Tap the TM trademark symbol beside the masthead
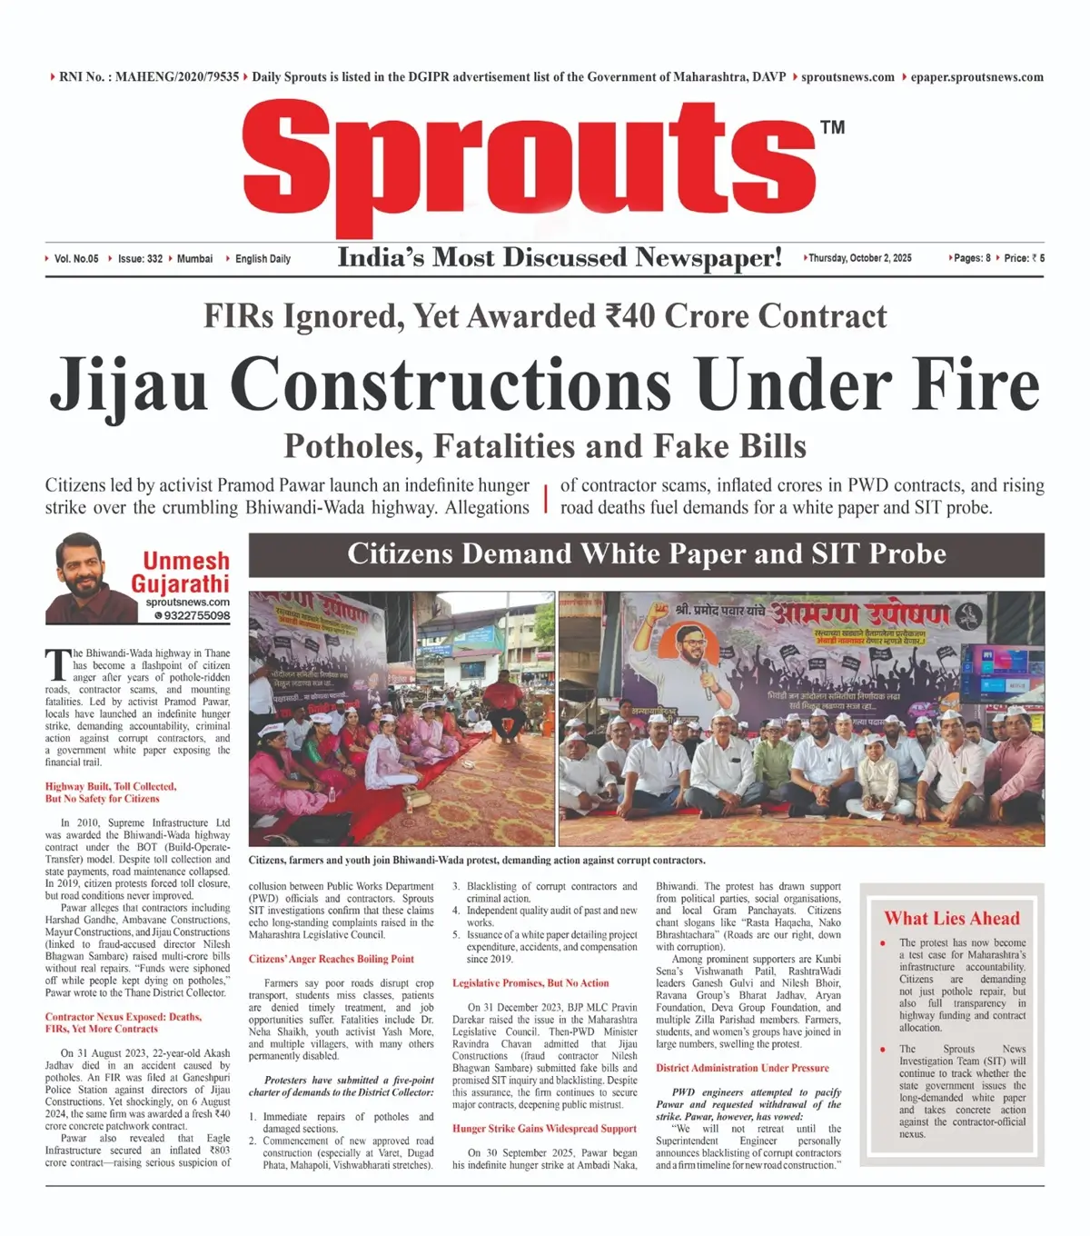tap(832, 127)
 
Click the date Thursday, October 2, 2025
tap(859, 258)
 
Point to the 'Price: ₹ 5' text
tap(1024, 258)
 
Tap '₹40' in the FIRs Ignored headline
tap(631, 316)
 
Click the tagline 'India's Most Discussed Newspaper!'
tap(560, 258)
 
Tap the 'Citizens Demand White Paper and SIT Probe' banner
tap(646, 554)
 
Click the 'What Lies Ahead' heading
tap(951, 918)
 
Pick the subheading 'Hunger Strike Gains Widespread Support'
tap(544, 1129)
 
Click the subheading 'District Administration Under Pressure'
tap(742, 1068)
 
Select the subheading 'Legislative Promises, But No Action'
tap(530, 983)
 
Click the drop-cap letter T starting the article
tap(57, 664)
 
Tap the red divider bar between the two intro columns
tap(545, 498)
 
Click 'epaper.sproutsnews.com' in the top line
tap(976, 77)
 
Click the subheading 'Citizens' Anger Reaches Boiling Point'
tap(331, 959)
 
